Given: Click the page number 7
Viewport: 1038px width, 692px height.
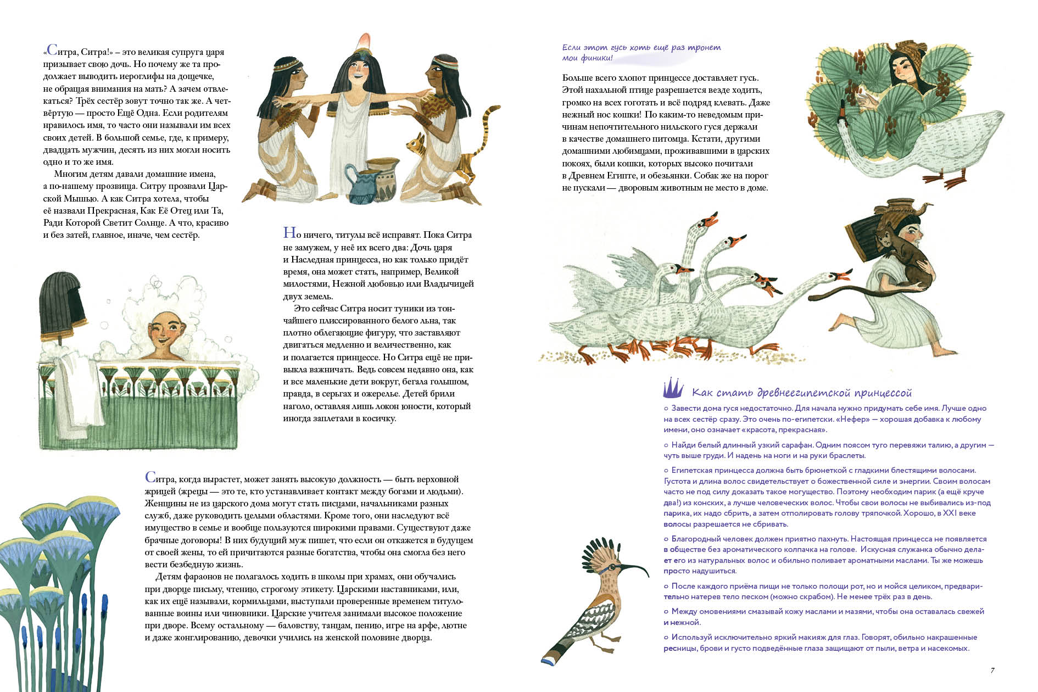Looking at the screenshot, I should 992,670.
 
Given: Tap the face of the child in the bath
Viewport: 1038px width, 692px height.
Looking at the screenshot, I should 166,335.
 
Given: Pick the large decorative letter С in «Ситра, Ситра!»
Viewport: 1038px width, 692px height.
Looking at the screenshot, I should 52,51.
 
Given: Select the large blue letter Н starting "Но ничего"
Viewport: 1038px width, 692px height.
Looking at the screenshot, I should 289,233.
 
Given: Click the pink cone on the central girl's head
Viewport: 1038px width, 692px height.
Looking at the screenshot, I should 363,41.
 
